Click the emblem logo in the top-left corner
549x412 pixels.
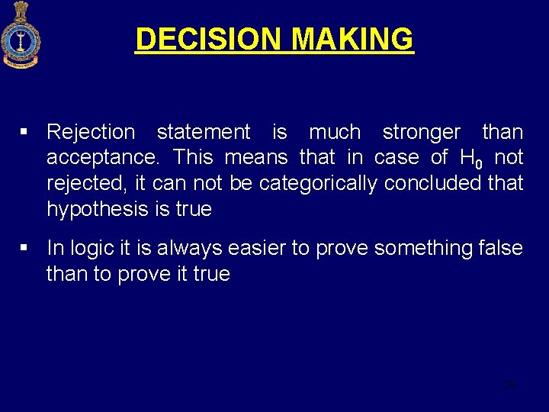[21, 35]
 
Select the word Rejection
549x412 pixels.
[91, 132]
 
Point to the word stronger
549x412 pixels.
[421, 132]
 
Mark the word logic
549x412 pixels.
[93, 248]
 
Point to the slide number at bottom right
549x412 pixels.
[510, 385]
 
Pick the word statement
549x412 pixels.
[203, 132]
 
